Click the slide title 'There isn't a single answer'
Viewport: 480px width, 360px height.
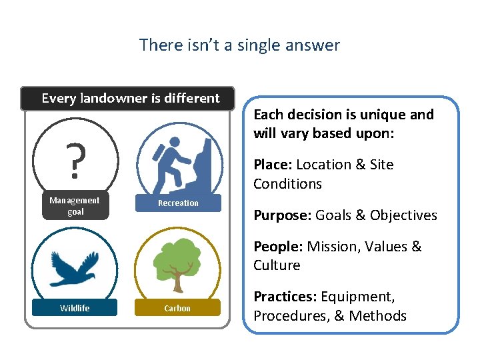coord(239,45)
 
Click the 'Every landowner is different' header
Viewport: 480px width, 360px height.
coord(130,98)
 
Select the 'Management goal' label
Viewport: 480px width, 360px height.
coord(75,206)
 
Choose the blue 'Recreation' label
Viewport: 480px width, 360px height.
coord(178,203)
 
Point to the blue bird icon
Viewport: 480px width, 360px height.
coord(75,267)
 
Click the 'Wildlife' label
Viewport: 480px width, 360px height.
coord(75,308)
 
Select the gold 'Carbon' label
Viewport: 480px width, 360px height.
coord(177,308)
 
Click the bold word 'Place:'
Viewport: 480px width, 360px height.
coord(273,165)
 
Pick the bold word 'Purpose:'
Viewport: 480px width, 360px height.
coord(282,215)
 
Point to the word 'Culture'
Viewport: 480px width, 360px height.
coord(277,265)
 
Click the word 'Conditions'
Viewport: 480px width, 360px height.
coord(287,184)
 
